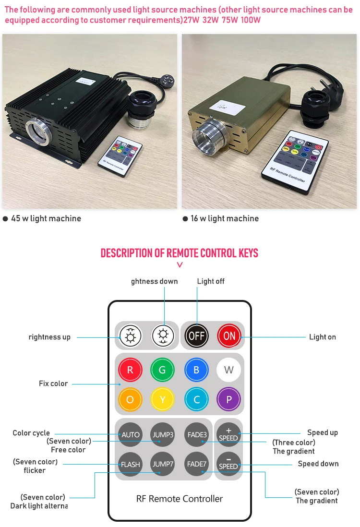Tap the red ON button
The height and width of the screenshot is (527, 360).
[229, 335]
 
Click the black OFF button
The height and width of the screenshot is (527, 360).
[196, 335]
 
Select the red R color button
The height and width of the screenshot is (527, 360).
[130, 370]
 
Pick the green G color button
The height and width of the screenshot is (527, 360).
[162, 370]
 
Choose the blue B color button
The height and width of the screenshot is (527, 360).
[196, 370]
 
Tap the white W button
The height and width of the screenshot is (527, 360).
[228, 370]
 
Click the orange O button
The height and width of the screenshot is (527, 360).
[130, 399]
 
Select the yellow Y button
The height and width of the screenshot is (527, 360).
[162, 399]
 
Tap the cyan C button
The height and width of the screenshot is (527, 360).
[196, 399]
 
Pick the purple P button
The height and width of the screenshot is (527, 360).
[228, 399]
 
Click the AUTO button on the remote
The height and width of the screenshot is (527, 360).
[130, 434]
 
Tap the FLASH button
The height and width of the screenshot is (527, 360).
[130, 464]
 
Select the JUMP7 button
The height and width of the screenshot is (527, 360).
[163, 464]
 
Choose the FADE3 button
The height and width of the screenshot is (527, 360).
[197, 434]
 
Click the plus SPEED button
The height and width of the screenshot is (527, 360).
[228, 434]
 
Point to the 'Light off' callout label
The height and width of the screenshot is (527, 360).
[211, 281]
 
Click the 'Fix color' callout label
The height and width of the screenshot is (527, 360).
[53, 383]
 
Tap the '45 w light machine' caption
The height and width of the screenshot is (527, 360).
[46, 218]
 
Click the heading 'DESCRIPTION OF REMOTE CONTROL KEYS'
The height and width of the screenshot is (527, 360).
[180, 253]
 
